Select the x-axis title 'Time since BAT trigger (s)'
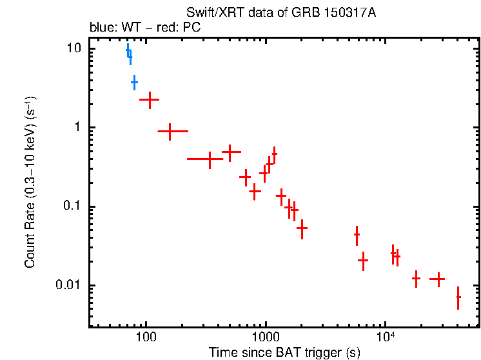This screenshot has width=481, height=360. (x=284, y=352)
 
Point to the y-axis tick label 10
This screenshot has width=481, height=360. (x=74, y=49)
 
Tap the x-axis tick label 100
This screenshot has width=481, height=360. (x=146, y=337)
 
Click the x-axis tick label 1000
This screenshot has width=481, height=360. (x=265, y=337)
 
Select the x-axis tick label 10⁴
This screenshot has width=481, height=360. (x=385, y=337)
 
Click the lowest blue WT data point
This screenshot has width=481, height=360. (x=134, y=83)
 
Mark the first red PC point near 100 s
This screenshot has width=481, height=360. (x=150, y=100)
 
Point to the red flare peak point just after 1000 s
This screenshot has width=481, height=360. (x=274, y=154)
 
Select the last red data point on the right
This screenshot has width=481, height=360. (x=458, y=297)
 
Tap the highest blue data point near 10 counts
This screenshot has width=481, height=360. (x=128, y=51)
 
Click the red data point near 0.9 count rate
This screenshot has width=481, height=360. (x=170, y=131)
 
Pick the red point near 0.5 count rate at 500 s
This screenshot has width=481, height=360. (x=230, y=152)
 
